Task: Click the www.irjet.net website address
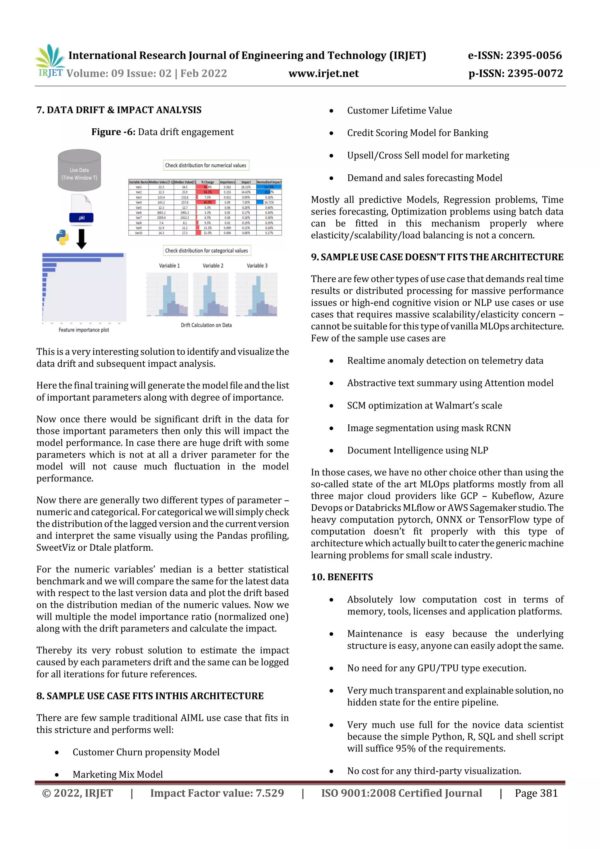click(323, 73)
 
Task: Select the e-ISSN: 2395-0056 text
click(515, 55)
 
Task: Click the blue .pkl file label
click(81, 218)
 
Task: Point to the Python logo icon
click(62, 237)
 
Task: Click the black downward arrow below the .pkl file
click(81, 239)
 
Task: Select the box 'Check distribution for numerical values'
click(206, 165)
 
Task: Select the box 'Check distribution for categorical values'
click(207, 250)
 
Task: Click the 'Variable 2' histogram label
click(213, 266)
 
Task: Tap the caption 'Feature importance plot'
click(84, 330)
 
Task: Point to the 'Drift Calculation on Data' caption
click(206, 325)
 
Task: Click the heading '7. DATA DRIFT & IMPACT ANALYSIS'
click(119, 110)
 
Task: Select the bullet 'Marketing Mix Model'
click(117, 774)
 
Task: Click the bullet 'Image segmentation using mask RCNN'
click(429, 428)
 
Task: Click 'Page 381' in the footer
click(536, 793)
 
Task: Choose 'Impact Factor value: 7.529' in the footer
click(217, 793)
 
